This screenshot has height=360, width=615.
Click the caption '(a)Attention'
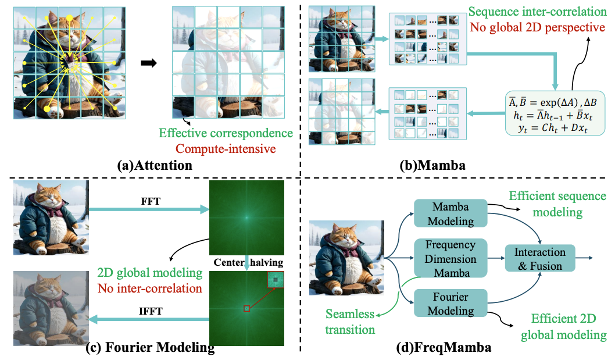pos(153,165)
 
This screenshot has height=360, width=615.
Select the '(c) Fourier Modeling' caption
pos(150,348)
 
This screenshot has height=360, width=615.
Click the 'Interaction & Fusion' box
pos(540,259)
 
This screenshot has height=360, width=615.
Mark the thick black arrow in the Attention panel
pos(150,63)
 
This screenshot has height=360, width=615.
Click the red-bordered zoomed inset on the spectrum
pos(276,280)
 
